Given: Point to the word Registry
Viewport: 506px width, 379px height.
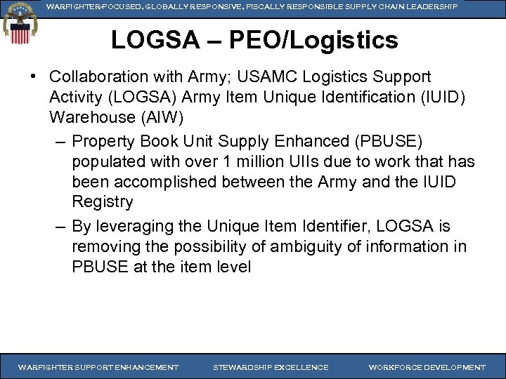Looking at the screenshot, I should (102, 202).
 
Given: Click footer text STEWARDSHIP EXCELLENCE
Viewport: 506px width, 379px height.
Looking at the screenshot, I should (270, 367).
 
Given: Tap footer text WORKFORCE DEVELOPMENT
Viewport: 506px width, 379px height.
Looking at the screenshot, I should (427, 367).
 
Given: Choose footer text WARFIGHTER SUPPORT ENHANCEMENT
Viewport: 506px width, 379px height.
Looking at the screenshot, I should (98, 367).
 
